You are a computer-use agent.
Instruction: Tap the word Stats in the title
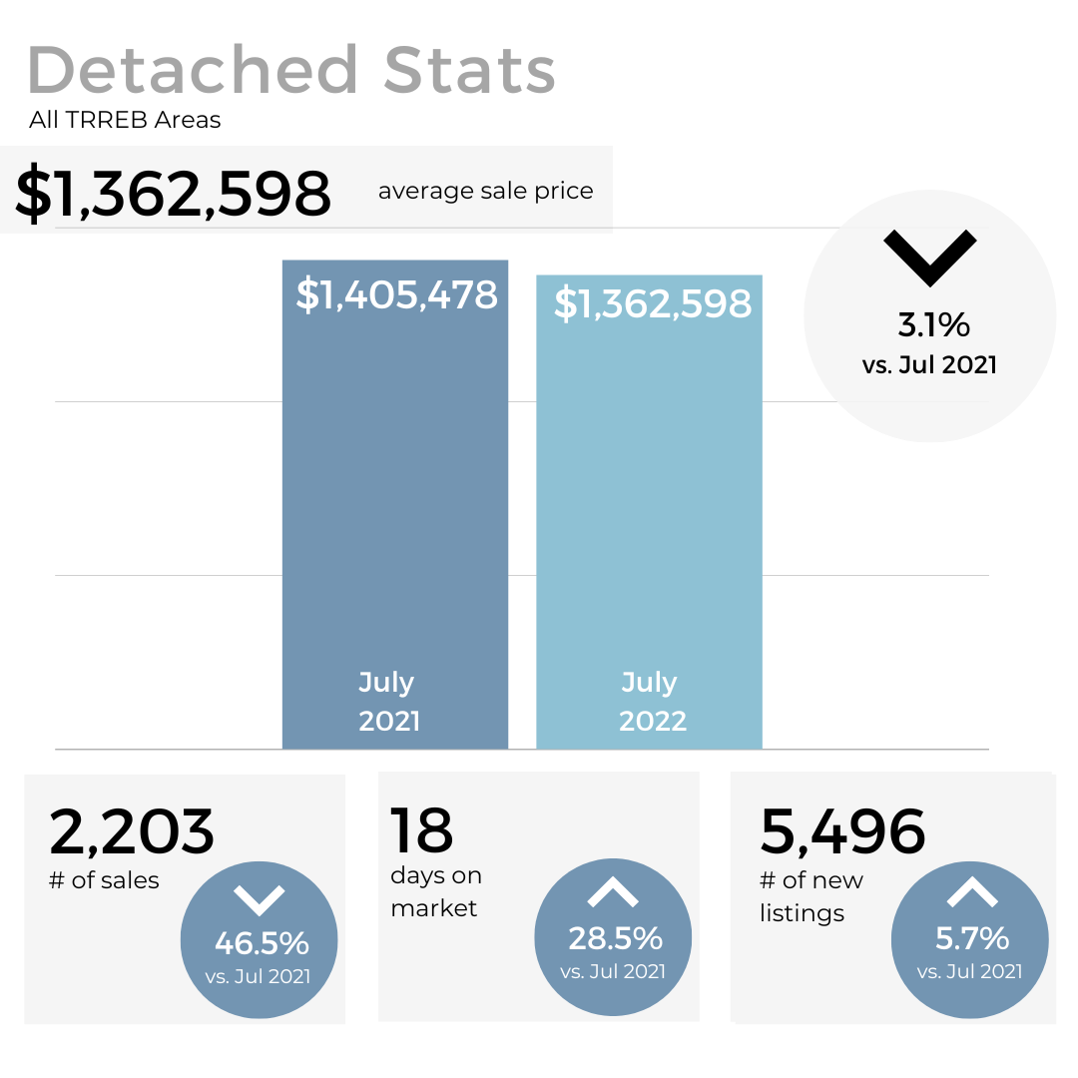469,70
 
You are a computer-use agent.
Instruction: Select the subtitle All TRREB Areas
125,121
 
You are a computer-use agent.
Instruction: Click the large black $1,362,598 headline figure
173,194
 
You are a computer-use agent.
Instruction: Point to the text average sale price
485,191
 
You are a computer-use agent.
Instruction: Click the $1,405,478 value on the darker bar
396,295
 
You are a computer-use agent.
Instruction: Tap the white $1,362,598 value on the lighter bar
652,303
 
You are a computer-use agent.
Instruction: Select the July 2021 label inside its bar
388,701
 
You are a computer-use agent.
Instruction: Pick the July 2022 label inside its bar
652,701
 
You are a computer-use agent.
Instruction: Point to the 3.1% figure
933,324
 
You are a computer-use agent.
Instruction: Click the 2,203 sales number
132,831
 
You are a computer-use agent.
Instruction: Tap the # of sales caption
104,879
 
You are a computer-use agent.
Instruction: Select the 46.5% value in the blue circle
262,942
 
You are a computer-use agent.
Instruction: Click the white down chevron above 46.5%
259,899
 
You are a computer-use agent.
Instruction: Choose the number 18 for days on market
421,830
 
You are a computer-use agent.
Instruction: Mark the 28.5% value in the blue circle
615,938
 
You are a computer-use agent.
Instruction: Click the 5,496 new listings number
842,831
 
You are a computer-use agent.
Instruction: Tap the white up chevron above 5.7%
971,892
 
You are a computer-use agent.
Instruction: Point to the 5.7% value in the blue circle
971,938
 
